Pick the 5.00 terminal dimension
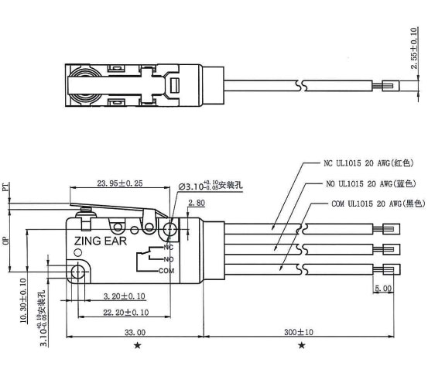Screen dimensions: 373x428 pos(382,288)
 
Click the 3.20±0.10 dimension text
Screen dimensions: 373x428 pos(124,296)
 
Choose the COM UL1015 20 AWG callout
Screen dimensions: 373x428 pos(372,203)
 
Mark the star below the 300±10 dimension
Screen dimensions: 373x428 pos(300,344)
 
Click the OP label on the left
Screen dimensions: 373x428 pos(6,241)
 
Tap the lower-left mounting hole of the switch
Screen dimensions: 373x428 pos(77,272)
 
